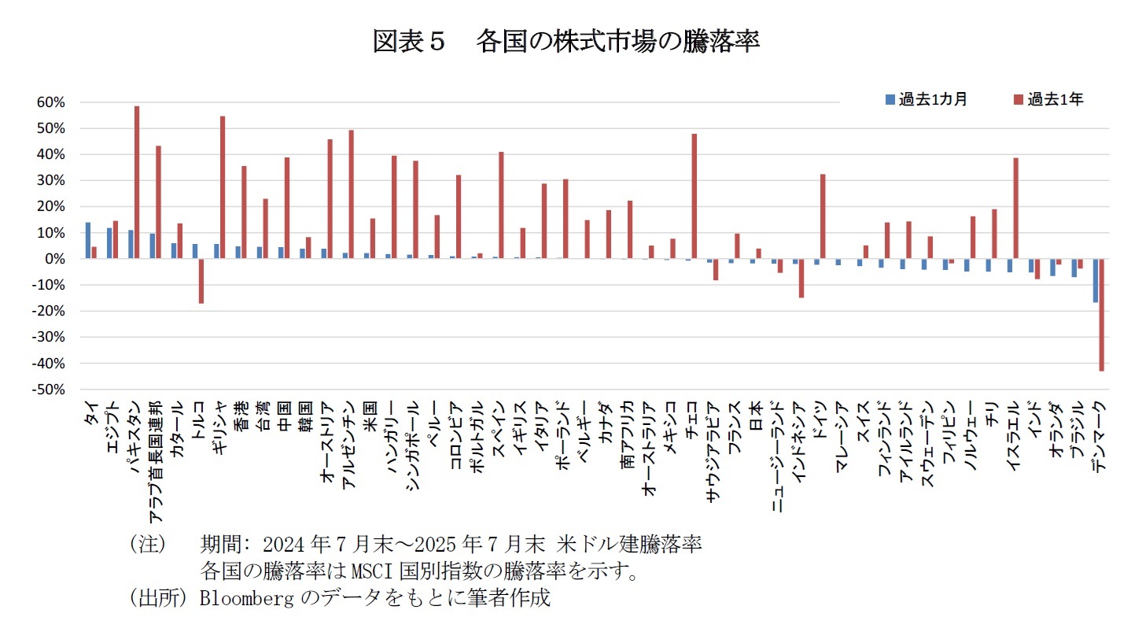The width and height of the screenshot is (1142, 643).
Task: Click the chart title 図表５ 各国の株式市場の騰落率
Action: pos(565,42)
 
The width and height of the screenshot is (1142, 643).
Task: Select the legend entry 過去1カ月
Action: pos(925,100)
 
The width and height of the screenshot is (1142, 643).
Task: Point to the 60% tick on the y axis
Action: pos(49,102)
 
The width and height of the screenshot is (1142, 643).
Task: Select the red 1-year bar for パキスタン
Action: pos(137,183)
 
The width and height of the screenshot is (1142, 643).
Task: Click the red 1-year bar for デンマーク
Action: pos(1102,315)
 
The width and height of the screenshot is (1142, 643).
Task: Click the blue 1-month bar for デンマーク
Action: pos(1095,280)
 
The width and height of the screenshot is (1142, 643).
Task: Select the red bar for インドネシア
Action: pos(801,278)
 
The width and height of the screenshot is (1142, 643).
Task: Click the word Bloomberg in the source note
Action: pos(244,598)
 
